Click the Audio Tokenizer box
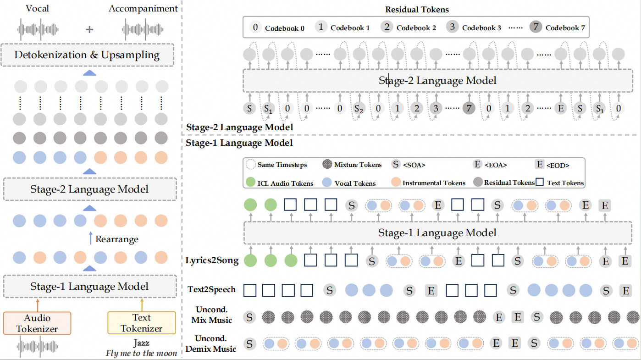point(37,323)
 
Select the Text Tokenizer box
point(141,323)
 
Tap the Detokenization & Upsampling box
point(87,55)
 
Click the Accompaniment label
point(143,9)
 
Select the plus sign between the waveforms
point(89,29)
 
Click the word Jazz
point(141,343)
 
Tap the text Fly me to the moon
point(141,353)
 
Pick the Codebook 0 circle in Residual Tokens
point(255,27)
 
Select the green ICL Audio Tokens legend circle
point(250,183)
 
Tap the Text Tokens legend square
point(540,183)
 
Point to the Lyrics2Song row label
point(212,261)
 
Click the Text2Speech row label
point(212,290)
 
